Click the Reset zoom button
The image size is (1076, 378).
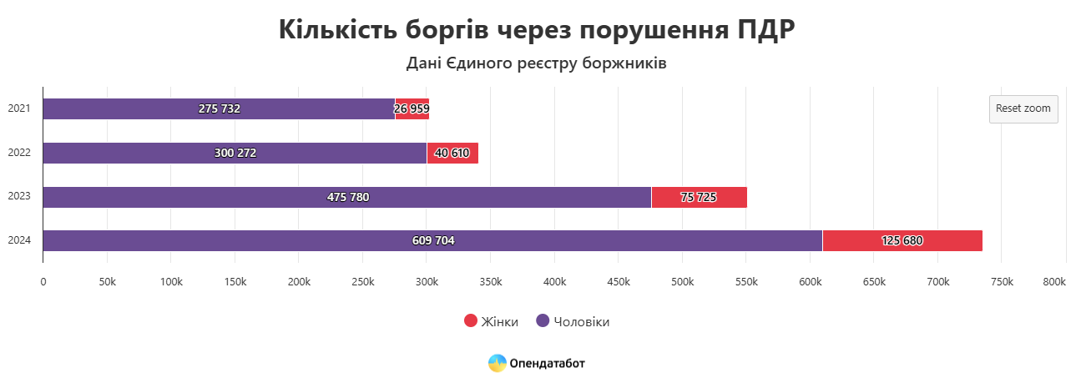point(1023,109)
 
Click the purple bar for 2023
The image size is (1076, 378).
point(209,197)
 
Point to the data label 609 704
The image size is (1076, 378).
point(433,240)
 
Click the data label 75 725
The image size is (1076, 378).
point(699,197)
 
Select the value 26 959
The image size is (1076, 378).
point(412,109)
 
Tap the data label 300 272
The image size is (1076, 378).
point(235,153)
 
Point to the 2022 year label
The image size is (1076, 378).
point(18,153)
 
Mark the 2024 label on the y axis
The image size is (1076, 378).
point(18,240)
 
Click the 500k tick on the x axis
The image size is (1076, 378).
point(682,282)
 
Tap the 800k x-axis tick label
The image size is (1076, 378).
point(1054,282)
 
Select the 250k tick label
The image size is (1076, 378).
point(362,282)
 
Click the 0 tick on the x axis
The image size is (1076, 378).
point(43,282)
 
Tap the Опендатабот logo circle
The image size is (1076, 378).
point(498,363)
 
